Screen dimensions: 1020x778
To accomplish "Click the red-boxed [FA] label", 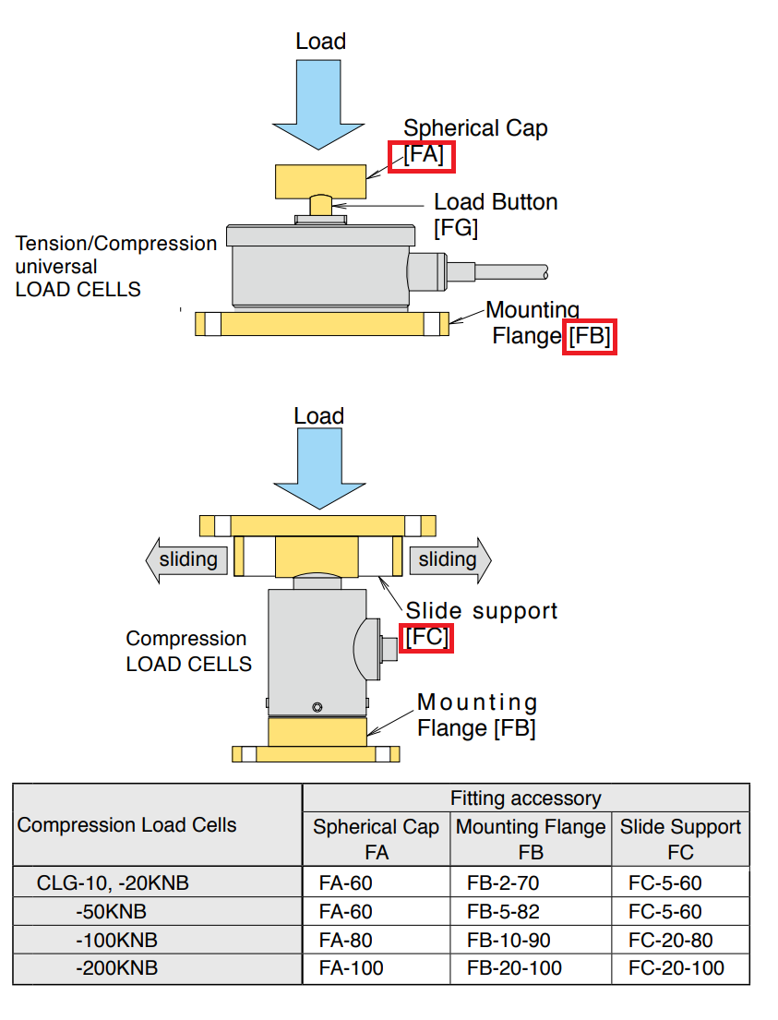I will [424, 156].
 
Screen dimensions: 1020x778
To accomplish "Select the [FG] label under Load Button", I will [456, 227].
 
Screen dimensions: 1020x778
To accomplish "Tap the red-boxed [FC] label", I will [428, 638].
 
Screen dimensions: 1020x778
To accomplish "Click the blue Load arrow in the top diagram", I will [319, 102].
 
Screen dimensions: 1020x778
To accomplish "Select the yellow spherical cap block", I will [319, 181].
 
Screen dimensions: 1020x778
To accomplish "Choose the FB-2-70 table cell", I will [502, 883].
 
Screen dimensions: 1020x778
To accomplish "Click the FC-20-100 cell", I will [676, 968].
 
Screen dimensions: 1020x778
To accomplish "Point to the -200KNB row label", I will [116, 968].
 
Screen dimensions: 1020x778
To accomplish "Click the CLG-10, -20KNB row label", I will [113, 883].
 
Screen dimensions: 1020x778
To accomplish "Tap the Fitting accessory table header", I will [525, 798].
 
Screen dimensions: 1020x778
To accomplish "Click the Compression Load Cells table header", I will [126, 825].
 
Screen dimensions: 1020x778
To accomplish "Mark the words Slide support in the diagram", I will [482, 611].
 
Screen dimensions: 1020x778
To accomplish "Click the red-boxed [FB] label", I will [589, 337].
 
